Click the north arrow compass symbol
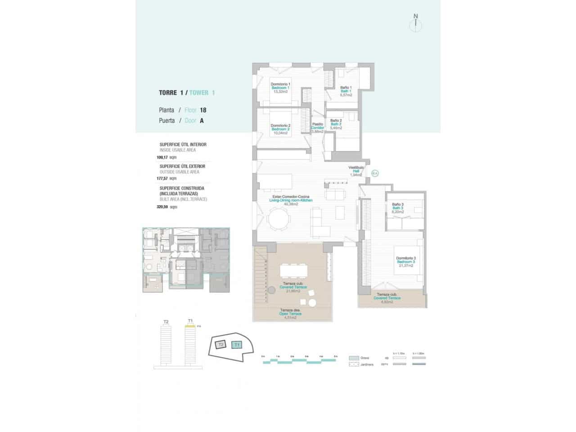pyautogui.click(x=415, y=24)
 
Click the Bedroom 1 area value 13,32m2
pyautogui.click(x=280, y=91)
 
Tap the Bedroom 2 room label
pyautogui.click(x=280, y=129)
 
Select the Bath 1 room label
pyautogui.click(x=346, y=91)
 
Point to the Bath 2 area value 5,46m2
pyautogui.click(x=336, y=128)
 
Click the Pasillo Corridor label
pyautogui.click(x=318, y=128)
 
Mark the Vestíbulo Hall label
pyautogui.click(x=355, y=171)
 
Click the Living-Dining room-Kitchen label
pyautogui.click(x=290, y=200)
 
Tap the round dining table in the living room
pyautogui.click(x=279, y=221)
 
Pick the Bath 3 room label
pyautogui.click(x=397, y=208)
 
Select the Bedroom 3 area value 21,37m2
pyautogui.click(x=405, y=265)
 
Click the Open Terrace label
pyautogui.click(x=290, y=314)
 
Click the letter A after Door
pyautogui.click(x=202, y=121)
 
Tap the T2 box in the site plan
pyautogui.click(x=220, y=345)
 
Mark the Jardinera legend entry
pyautogui.click(x=366, y=364)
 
